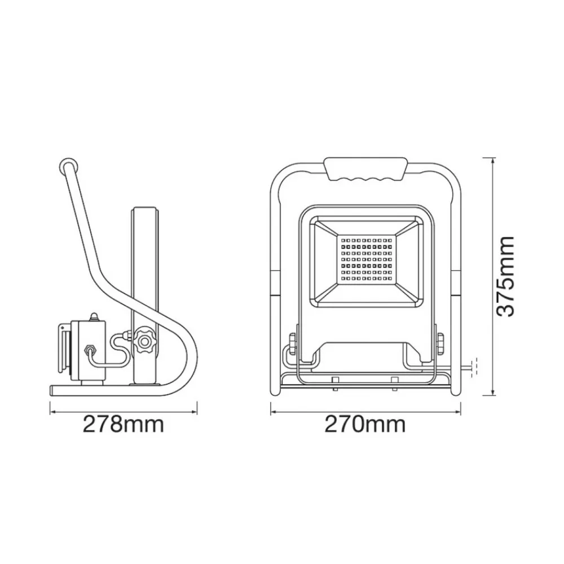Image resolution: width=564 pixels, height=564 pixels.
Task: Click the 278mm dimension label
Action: coord(124,424)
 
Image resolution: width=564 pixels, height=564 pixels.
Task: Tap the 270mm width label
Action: coord(364,424)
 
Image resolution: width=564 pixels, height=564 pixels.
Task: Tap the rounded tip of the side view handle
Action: coord(67,165)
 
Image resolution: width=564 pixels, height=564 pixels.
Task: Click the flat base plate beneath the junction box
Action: coord(90,390)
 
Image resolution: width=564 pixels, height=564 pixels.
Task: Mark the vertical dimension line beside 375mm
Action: coord(492,276)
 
